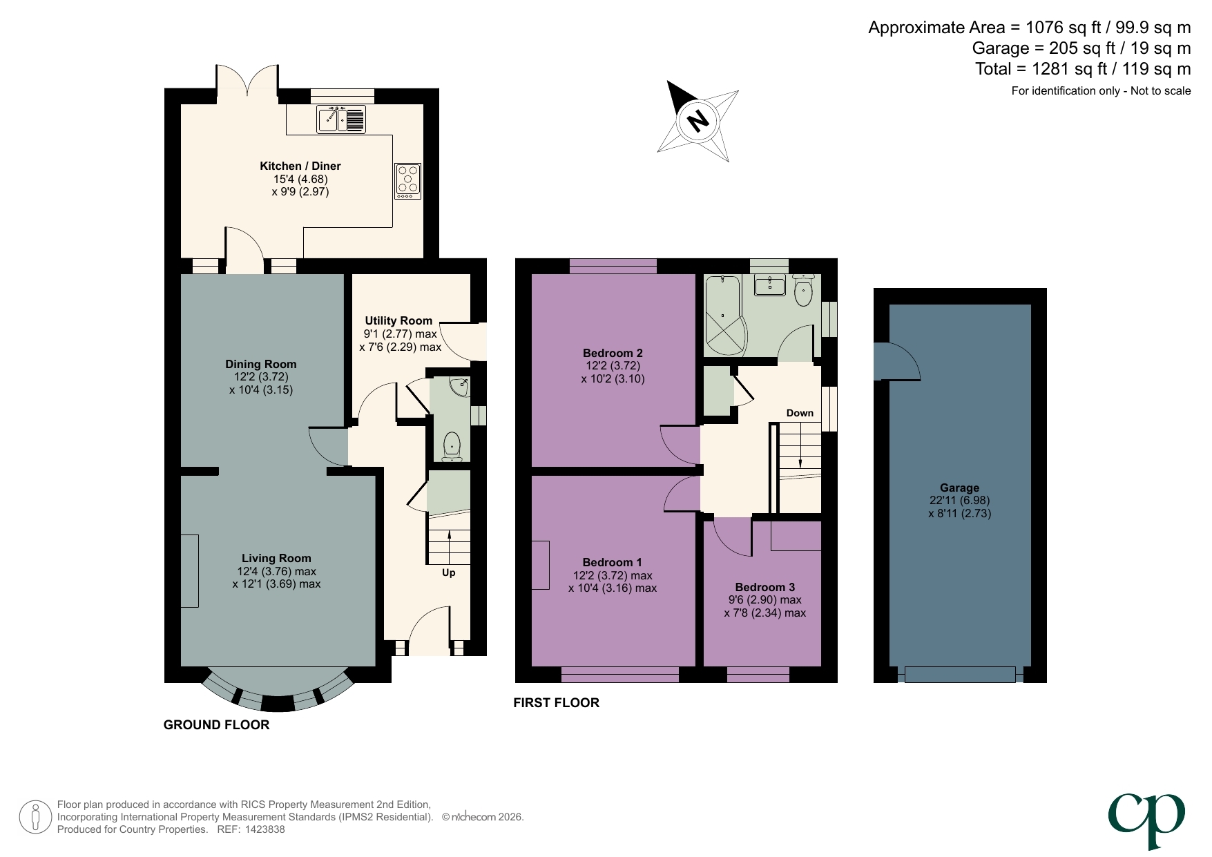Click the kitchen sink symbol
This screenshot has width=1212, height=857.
tap(340, 119)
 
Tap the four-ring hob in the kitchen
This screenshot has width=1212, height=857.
tap(407, 181)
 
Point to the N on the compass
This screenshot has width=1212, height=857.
tap(698, 122)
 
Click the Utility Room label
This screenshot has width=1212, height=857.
tap(398, 320)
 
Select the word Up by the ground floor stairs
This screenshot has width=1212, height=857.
tap(448, 572)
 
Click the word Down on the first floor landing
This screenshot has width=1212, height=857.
tap(800, 413)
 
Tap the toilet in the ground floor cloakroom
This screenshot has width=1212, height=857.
tap(452, 445)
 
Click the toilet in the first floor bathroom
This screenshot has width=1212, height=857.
tap(803, 291)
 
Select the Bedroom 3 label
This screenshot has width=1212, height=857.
tap(764, 587)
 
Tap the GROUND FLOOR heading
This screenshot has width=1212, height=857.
tap(216, 724)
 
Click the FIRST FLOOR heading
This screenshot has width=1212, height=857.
tap(556, 702)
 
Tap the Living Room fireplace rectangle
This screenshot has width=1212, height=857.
tap(189, 571)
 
